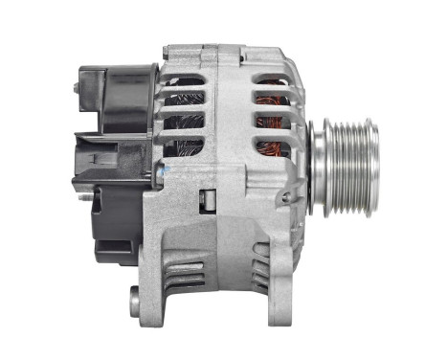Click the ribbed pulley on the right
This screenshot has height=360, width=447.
click(346, 153)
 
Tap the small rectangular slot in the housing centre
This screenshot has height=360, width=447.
click(204, 200)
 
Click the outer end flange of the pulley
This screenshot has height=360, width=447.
click(373, 153)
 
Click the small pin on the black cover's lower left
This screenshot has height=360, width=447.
click(83, 199)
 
